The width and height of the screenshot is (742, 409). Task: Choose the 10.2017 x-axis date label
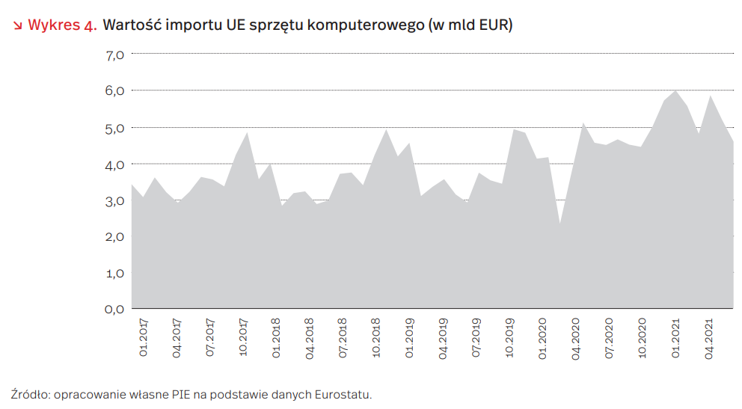[x=243, y=338]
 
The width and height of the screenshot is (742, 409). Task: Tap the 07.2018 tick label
[x=343, y=338]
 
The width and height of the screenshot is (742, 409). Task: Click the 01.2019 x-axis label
[x=410, y=338]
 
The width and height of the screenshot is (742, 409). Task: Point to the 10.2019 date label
[x=510, y=338]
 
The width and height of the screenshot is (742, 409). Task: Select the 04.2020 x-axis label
[x=577, y=338]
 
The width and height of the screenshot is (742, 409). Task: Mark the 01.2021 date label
[x=677, y=338]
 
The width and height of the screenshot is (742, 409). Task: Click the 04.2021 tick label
[x=711, y=338]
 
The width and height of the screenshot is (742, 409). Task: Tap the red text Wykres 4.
[x=61, y=25]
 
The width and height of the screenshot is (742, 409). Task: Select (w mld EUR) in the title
[x=468, y=25]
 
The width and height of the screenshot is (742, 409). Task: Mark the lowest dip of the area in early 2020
[x=559, y=223]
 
